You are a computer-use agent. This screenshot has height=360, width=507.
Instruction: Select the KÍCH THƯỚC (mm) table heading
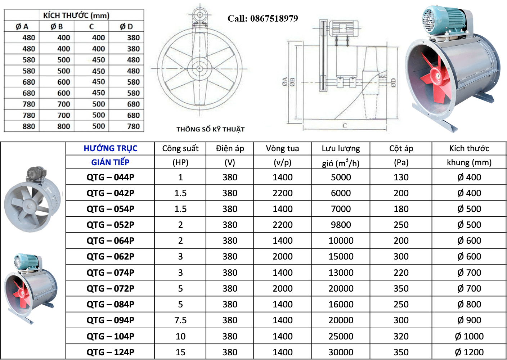76,15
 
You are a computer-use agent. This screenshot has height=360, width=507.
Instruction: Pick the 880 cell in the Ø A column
29,126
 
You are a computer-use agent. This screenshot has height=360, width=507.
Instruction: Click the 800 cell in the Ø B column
64,126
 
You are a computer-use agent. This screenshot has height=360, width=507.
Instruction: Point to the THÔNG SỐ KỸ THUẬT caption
210,129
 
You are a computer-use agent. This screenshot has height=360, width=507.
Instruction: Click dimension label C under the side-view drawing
345,126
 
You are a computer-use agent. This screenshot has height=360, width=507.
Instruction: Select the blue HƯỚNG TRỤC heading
111,148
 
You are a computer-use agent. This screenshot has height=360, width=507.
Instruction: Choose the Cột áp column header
401,148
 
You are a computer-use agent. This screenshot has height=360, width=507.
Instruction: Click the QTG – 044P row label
110,177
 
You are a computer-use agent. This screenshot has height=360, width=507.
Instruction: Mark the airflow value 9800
341,225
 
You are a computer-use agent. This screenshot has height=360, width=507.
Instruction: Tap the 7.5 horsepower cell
180,320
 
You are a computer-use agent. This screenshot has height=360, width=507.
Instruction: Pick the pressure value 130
401,177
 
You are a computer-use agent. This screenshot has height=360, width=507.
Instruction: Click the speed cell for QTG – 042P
282,193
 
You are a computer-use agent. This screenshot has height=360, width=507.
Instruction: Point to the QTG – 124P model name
110,352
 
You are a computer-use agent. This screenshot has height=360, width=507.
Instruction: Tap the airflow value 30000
341,352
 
